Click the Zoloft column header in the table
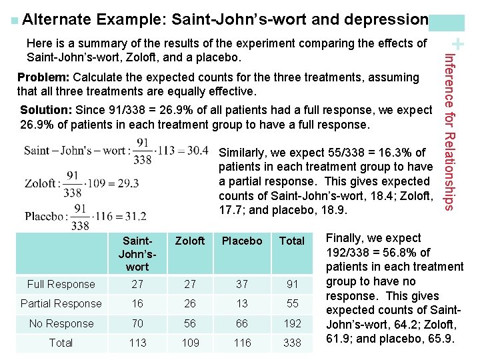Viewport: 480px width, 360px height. tap(190, 241)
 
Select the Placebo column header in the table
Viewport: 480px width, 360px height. tap(242, 241)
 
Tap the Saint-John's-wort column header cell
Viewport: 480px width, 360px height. tap(137, 254)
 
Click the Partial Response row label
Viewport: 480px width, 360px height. tap(61, 304)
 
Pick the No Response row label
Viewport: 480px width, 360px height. tap(61, 323)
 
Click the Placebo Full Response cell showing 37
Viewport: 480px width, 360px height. tap(242, 285)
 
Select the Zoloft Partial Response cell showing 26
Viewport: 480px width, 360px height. tap(190, 304)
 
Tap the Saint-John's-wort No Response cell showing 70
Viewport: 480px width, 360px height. tap(137, 323)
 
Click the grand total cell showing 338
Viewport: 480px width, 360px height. tap(292, 343)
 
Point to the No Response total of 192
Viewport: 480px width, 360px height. tap(292, 323)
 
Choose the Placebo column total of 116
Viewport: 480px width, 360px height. tap(242, 343)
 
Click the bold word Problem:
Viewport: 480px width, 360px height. tap(43, 77)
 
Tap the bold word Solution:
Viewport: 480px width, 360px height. tap(46, 110)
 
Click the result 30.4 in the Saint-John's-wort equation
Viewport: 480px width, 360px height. tap(198, 150)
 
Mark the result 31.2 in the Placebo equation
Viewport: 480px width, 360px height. tap(136, 217)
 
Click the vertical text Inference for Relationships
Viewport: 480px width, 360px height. tap(449, 132)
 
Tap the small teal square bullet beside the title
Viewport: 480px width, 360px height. tap(15, 21)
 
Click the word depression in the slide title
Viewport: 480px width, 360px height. tap(386, 19)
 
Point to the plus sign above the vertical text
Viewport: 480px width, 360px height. tap(457, 44)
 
